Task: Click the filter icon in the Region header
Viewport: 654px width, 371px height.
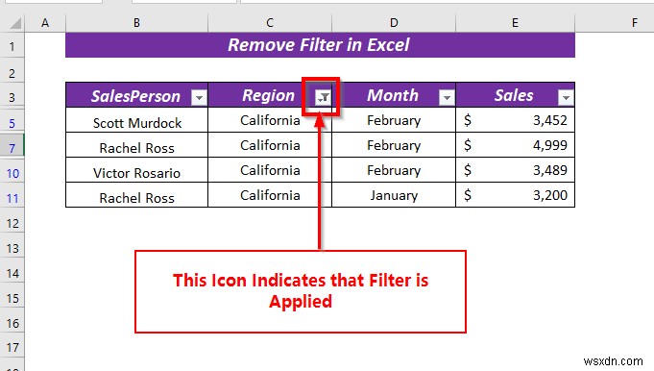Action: (x=323, y=97)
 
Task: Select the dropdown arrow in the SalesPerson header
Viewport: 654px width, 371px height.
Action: (x=199, y=97)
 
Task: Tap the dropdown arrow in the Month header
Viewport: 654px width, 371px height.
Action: (x=446, y=97)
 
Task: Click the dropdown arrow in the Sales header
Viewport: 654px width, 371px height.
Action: (x=566, y=97)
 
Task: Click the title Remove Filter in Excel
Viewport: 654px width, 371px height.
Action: (x=320, y=44)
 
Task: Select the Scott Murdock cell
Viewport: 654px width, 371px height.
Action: (x=136, y=122)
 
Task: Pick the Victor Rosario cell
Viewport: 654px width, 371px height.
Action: (x=136, y=173)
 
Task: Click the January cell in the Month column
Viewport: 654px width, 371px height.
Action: (x=394, y=195)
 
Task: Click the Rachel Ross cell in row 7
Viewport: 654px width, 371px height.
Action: (x=136, y=147)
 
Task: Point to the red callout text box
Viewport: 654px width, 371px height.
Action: (x=300, y=291)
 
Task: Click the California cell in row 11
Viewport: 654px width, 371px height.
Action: (x=270, y=195)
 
